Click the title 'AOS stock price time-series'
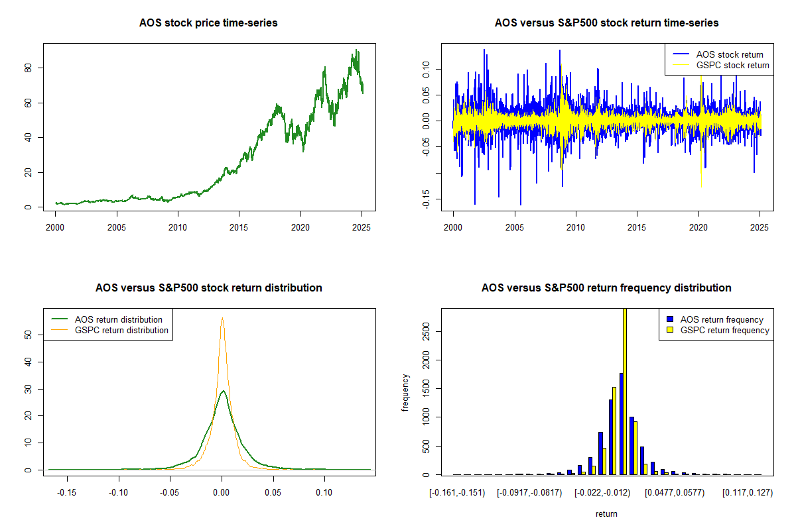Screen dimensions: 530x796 point(208,23)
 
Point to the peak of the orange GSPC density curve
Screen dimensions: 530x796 point(222,319)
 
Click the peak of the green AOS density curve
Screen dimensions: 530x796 point(224,391)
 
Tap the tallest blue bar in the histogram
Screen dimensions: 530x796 point(621,424)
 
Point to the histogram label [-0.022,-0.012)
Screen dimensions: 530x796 point(606,493)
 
